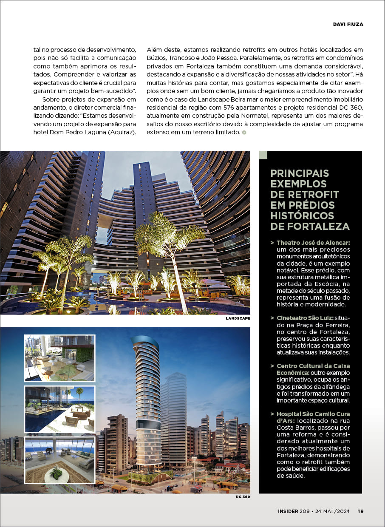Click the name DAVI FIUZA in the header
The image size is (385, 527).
pos(348,24)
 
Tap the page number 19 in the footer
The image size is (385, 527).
pos(360,511)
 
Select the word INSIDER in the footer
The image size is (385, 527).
pos(285,511)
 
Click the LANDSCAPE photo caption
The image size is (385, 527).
pos(238,318)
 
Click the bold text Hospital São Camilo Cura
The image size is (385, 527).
pos(313,414)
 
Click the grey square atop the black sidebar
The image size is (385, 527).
pos(263,155)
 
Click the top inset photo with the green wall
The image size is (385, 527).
pos(59,358)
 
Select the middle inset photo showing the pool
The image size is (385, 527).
pos(59,409)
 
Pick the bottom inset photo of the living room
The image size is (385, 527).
pos(59,460)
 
